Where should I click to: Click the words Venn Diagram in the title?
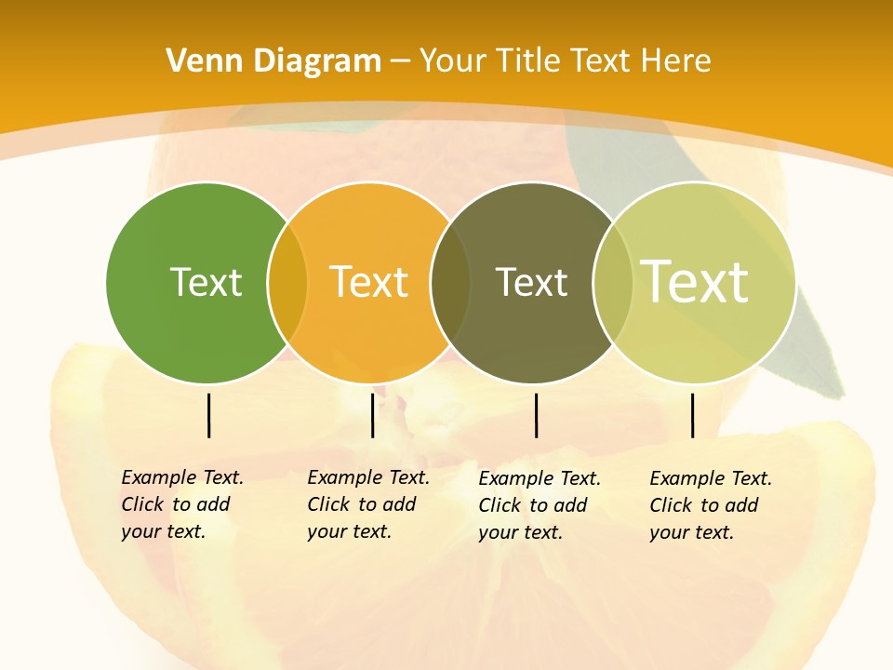273,61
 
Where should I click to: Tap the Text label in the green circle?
206,282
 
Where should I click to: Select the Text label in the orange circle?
368,282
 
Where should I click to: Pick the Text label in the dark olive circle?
531,282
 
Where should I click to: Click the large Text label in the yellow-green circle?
695,282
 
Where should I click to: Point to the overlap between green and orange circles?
287,282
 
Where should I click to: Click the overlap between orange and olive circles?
451,282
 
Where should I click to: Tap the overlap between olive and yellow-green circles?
612,282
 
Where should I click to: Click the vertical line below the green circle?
208,415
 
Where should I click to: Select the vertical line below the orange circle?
372,415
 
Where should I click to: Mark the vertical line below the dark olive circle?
536,415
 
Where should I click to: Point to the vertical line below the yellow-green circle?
692,415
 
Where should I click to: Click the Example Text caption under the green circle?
181,504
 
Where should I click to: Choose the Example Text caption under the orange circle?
367,504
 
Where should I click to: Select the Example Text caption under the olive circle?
539,505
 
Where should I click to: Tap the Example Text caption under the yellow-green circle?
710,505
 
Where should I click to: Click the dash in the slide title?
400,61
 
